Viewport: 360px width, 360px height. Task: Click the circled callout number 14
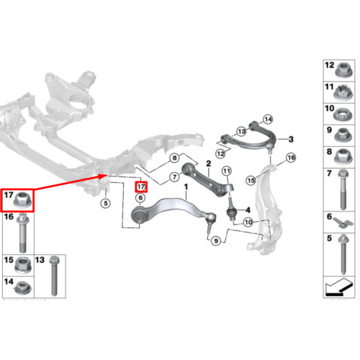[x=268, y=120]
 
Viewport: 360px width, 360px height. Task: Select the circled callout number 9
[x=216, y=240]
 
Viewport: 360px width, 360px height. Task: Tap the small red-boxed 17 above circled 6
[x=141, y=186]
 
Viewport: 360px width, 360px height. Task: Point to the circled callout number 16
[x=291, y=158]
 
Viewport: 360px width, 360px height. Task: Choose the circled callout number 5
[x=106, y=204]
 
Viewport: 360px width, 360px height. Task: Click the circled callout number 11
[x=227, y=171]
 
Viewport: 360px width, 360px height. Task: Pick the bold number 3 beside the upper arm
[x=291, y=139]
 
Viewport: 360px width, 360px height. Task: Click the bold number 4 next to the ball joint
[x=248, y=210]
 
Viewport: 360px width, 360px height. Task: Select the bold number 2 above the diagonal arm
[x=209, y=163]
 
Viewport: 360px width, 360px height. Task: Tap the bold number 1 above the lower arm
[x=186, y=186]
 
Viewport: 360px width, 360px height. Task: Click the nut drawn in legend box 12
[x=344, y=70]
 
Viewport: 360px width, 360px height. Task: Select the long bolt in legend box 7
[x=343, y=189]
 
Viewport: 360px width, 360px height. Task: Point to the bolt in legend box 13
[x=54, y=276]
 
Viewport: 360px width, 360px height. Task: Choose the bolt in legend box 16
[x=22, y=233]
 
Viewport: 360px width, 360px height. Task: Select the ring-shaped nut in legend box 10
[x=343, y=114]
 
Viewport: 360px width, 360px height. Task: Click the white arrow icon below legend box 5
[x=339, y=287]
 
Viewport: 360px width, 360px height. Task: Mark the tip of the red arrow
[x=107, y=175]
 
